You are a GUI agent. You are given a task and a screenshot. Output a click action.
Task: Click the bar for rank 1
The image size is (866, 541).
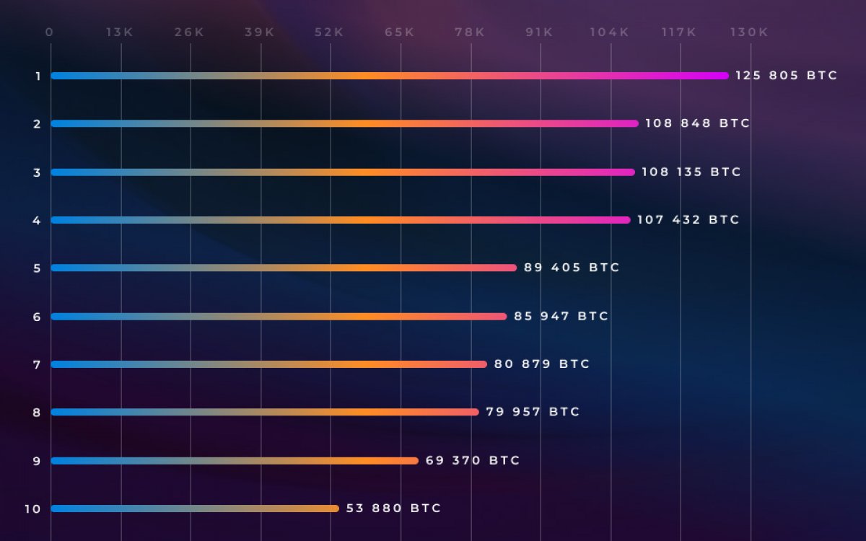pyautogui.click(x=390, y=76)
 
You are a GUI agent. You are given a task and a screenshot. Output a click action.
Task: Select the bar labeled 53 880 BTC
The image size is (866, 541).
pyautogui.click(x=195, y=509)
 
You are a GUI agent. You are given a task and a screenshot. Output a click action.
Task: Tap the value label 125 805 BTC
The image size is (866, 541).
pyautogui.click(x=786, y=76)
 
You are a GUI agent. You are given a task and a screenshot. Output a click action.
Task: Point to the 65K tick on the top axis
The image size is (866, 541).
pyautogui.click(x=399, y=32)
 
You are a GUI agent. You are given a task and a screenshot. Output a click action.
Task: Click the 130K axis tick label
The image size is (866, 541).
pyautogui.click(x=749, y=32)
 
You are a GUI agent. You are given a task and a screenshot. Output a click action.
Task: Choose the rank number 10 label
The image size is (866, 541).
pyautogui.click(x=32, y=509)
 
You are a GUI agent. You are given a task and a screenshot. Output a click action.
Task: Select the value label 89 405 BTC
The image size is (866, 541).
pyautogui.click(x=572, y=268)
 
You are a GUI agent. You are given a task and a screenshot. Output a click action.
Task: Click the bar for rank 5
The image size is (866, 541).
pyautogui.click(x=284, y=268)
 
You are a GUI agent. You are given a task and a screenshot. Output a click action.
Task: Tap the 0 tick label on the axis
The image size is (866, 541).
pyautogui.click(x=49, y=32)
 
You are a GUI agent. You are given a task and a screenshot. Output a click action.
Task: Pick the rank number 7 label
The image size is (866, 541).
pyautogui.click(x=37, y=364)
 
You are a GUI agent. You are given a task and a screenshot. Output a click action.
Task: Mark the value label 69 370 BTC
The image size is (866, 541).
pyautogui.click(x=473, y=460)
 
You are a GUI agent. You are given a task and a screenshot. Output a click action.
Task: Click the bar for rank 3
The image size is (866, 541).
pyautogui.click(x=343, y=172)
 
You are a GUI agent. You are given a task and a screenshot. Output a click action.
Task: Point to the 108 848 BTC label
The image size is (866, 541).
pyautogui.click(x=697, y=123)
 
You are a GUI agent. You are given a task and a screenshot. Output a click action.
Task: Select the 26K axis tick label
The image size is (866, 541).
pyautogui.click(x=189, y=32)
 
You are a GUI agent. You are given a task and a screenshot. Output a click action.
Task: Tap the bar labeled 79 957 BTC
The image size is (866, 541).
pyautogui.click(x=265, y=412)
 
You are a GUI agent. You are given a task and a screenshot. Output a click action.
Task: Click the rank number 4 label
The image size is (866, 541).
pyautogui.click(x=37, y=220)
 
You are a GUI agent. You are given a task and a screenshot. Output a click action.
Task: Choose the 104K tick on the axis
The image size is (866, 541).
pyautogui.click(x=608, y=32)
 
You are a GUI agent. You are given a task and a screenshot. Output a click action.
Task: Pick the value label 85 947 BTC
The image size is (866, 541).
pyautogui.click(x=561, y=316)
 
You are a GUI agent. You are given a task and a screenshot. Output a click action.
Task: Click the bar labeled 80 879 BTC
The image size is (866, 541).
pyautogui.click(x=269, y=364)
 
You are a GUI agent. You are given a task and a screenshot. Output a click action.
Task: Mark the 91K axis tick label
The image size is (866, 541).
pyautogui.click(x=538, y=32)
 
